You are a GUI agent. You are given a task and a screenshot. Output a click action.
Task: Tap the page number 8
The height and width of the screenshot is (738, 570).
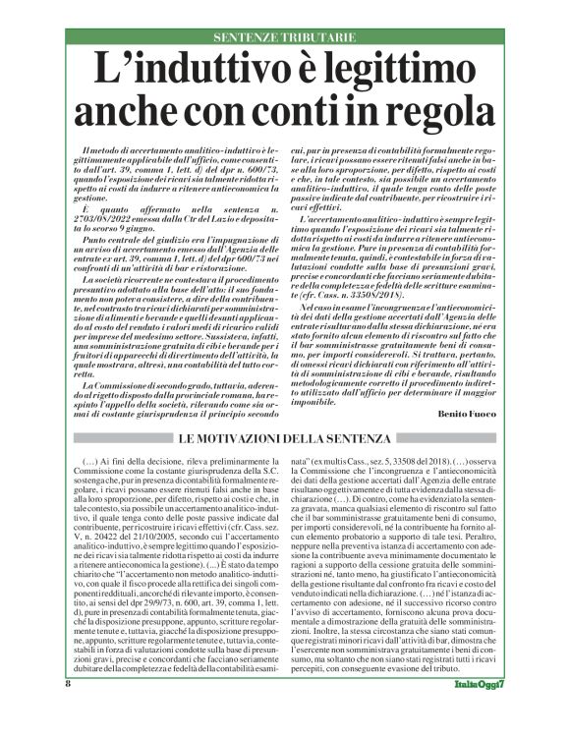[68, 709]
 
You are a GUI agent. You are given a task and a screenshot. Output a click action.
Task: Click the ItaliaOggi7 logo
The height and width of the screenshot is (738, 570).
[481, 710]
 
